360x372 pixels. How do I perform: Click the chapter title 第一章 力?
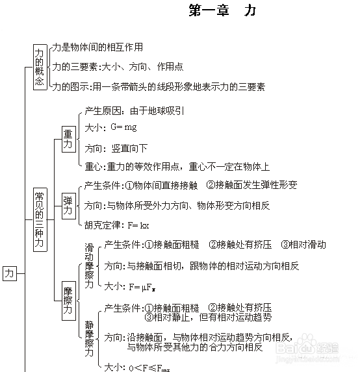[x=222, y=10]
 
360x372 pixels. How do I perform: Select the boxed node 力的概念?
[x=40, y=67]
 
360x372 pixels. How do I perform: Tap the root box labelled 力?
[x=10, y=273]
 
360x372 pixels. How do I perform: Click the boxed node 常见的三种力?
[x=40, y=219]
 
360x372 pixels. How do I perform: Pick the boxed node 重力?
[x=69, y=140]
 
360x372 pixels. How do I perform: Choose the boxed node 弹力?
[x=69, y=206]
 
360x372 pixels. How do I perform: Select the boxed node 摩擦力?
[x=69, y=301]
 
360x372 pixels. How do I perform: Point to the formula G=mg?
[x=123, y=127]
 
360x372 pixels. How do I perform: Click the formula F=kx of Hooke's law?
[x=138, y=225]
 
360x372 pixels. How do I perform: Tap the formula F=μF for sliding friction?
[x=142, y=288]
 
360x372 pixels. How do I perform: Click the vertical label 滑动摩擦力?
[x=89, y=266]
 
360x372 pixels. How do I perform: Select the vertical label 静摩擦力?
[x=89, y=338]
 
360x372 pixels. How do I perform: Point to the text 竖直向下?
[x=129, y=149]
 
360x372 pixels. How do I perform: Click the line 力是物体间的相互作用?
[x=97, y=47]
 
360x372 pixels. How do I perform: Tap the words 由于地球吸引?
[x=157, y=111]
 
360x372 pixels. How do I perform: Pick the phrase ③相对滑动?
[x=303, y=245]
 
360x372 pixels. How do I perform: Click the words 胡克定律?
[x=103, y=225]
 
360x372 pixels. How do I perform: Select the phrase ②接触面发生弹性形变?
[x=251, y=185]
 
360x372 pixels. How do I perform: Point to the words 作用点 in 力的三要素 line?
[x=170, y=67]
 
